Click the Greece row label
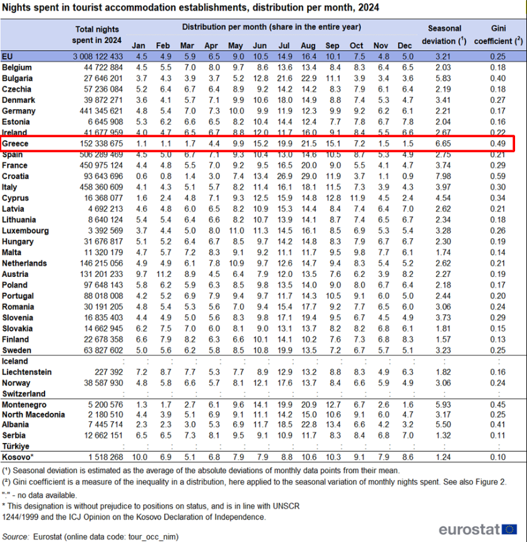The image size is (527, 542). tap(16, 144)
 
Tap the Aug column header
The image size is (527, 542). tap(308, 46)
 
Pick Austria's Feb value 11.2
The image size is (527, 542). tap(164, 273)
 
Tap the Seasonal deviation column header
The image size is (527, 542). tap(445, 35)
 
